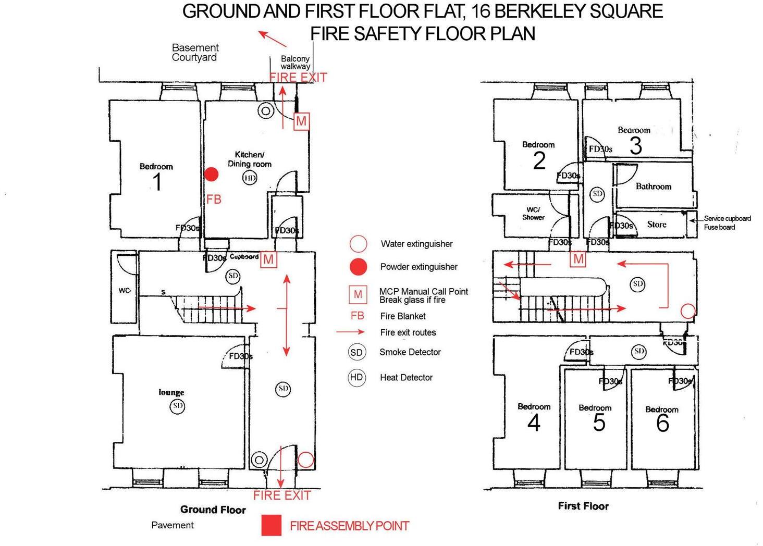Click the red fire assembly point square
pyautogui.click(x=271, y=525)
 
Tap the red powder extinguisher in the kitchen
pyautogui.click(x=211, y=174)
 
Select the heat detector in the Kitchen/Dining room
pyautogui.click(x=250, y=178)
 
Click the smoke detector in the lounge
pyautogui.click(x=178, y=405)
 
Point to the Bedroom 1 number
pyautogui.click(x=157, y=182)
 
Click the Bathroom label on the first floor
pyautogui.click(x=653, y=186)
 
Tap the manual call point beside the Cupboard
pyautogui.click(x=268, y=259)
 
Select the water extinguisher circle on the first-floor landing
pyautogui.click(x=688, y=311)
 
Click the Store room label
pyautogui.click(x=657, y=224)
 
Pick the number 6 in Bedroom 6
pyautogui.click(x=662, y=423)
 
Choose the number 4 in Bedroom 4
pyautogui.click(x=534, y=423)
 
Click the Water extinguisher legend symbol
pyautogui.click(x=358, y=243)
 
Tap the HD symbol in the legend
pyautogui.click(x=356, y=377)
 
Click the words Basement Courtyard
pyautogui.click(x=195, y=53)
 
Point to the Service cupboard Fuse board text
pyautogui.click(x=727, y=222)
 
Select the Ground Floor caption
pyautogui.click(x=213, y=510)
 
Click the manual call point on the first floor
pyautogui.click(x=578, y=259)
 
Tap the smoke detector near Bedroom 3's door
pyautogui.click(x=597, y=194)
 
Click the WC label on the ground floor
pyautogui.click(x=125, y=290)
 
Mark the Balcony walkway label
pyautogui.click(x=295, y=63)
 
